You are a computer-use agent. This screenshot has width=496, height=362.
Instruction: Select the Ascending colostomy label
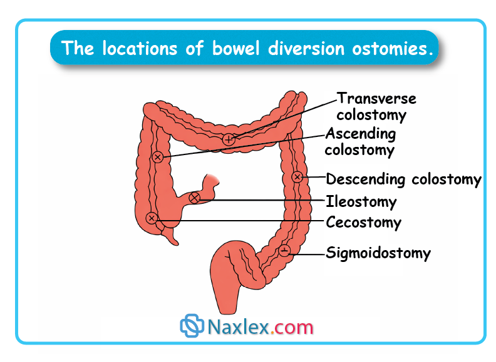click(x=360, y=142)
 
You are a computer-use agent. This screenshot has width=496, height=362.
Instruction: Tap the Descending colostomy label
click(x=403, y=179)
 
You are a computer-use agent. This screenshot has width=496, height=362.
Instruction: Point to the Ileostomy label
click(x=361, y=202)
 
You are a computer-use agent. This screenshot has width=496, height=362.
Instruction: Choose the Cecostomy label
click(x=363, y=222)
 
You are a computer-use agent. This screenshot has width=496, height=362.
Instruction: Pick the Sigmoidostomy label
click(x=378, y=253)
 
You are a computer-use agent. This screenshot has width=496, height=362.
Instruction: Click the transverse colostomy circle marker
click(x=229, y=139)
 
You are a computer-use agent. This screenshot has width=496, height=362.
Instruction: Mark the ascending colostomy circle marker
click(x=158, y=157)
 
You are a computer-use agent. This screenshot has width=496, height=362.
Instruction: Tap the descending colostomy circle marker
click(x=297, y=177)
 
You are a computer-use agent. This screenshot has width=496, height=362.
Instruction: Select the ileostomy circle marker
click(x=194, y=198)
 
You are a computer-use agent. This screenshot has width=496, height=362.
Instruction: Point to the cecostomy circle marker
click(x=151, y=218)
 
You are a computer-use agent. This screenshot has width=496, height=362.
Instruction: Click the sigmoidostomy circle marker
click(x=284, y=251)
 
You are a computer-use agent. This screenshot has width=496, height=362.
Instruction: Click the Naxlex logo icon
click(x=192, y=326)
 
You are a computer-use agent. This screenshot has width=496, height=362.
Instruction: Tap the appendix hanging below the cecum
click(x=173, y=238)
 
